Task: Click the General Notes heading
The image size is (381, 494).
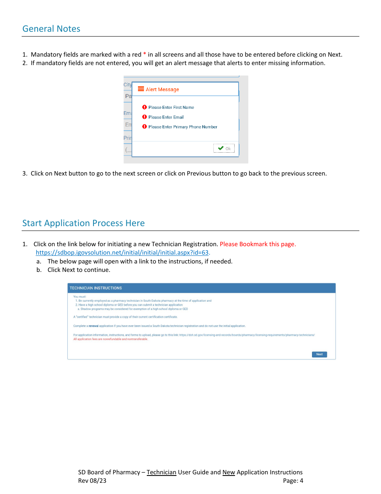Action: click(x=51, y=29)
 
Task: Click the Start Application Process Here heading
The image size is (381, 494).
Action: click(x=83, y=223)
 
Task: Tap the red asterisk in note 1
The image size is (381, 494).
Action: click(x=145, y=55)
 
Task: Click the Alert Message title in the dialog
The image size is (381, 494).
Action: click(x=162, y=90)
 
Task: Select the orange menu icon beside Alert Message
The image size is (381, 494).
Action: click(x=141, y=89)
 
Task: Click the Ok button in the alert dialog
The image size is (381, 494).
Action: click(x=224, y=148)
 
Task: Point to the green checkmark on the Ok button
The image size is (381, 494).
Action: click(x=221, y=148)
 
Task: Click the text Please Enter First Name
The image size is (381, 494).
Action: click(x=171, y=108)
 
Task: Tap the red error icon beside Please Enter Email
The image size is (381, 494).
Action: click(x=144, y=117)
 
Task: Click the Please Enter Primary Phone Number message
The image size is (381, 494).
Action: click(x=182, y=127)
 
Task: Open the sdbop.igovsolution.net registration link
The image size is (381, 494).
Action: click(x=122, y=253)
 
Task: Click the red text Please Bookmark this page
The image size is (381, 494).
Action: click(x=258, y=244)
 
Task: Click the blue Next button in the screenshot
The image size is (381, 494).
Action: click(x=319, y=354)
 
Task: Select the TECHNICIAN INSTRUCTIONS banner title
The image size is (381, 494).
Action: click(x=96, y=288)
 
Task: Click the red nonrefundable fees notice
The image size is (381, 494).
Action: click(x=111, y=339)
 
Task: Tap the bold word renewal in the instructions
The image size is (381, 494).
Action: click(x=93, y=326)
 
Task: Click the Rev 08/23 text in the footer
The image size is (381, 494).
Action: click(x=92, y=481)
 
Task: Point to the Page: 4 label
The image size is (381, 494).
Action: click(x=293, y=481)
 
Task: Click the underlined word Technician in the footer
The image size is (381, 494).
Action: click(x=161, y=472)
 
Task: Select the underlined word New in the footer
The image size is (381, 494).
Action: click(x=229, y=472)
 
